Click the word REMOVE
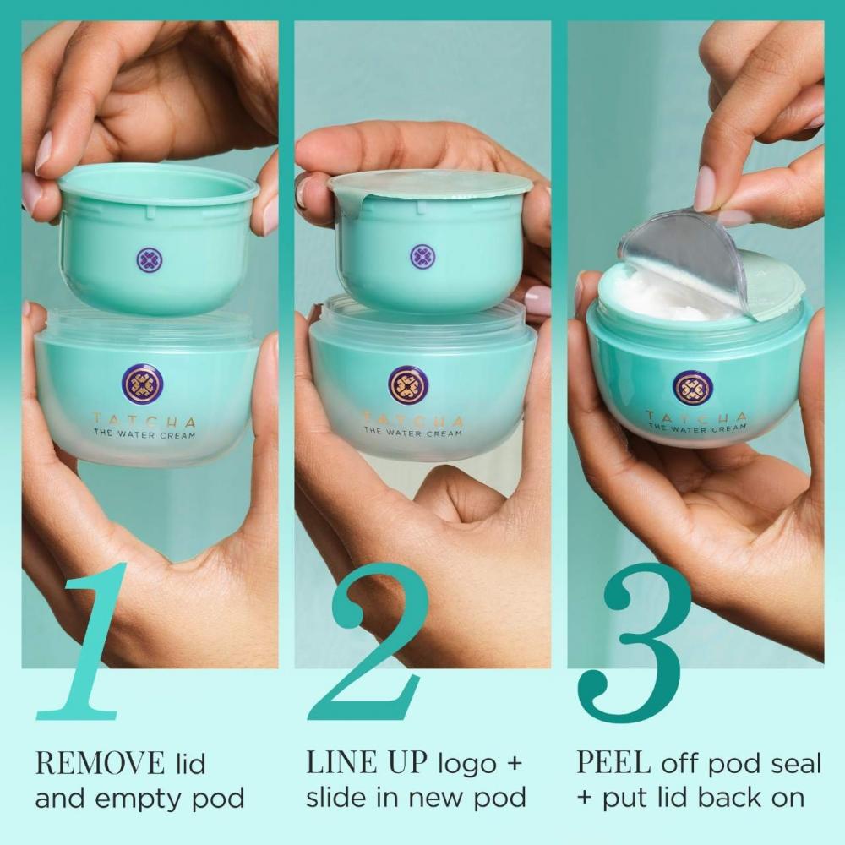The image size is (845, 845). click(x=99, y=764)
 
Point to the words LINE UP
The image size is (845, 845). click(x=365, y=764)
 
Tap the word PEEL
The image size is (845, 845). click(x=613, y=764)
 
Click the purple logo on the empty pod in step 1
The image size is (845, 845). click(x=148, y=259)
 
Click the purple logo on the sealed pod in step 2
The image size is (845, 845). click(x=422, y=256)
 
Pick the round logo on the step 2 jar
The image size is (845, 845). click(x=408, y=384)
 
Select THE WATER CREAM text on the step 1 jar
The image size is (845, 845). click(x=144, y=435)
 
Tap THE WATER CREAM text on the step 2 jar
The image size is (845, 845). click(x=412, y=433)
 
